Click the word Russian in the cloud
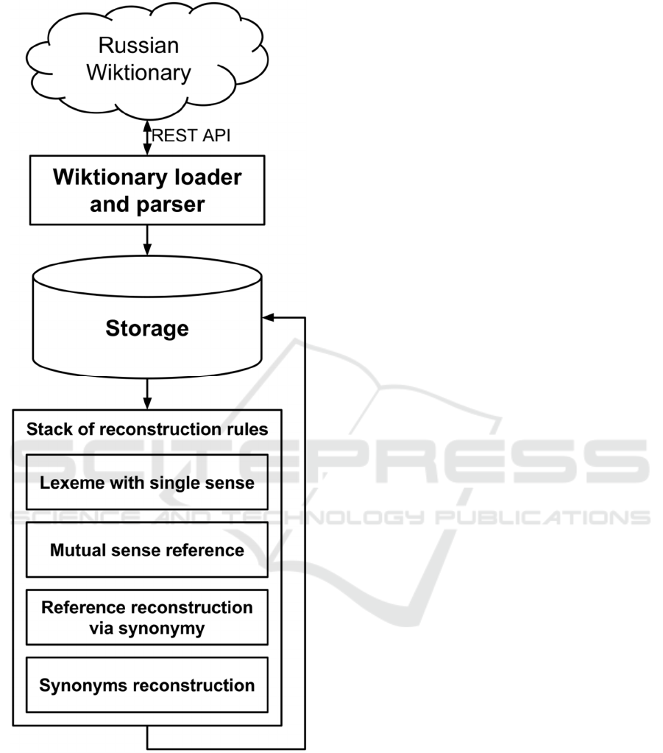tap(139, 46)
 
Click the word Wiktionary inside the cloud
tap(139, 72)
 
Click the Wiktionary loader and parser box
tap(146, 190)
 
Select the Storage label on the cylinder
tap(146, 328)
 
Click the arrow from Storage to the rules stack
tap(147, 394)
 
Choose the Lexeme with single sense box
tap(146, 482)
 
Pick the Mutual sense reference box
tap(146, 550)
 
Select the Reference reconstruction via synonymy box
tap(146, 618)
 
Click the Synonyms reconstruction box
tap(146, 685)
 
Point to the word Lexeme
tap(65, 483)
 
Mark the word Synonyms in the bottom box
tap(75, 685)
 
